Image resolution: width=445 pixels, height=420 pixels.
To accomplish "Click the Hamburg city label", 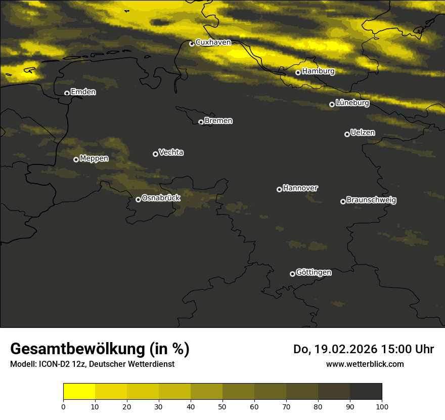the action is pyautogui.click(x=318, y=71).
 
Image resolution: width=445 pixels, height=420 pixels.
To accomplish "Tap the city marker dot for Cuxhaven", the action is pyautogui.click(x=192, y=44).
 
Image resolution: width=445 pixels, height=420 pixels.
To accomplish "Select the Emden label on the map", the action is pyautogui.click(x=83, y=92).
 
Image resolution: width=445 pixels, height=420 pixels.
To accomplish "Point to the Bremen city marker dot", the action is pyautogui.click(x=201, y=122).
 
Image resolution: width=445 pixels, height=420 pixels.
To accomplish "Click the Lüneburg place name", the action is pyautogui.click(x=352, y=103).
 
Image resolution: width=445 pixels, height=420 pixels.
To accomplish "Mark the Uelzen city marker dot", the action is pyautogui.click(x=347, y=134).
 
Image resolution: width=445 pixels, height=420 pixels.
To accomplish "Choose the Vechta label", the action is pyautogui.click(x=171, y=152).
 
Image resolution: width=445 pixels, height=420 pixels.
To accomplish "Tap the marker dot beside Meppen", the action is pyautogui.click(x=76, y=159).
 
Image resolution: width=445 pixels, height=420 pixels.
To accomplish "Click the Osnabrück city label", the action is pyautogui.click(x=161, y=198).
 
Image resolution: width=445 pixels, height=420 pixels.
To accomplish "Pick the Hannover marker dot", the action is pyautogui.click(x=279, y=189).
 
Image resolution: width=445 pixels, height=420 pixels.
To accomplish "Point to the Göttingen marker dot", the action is pyautogui.click(x=292, y=274).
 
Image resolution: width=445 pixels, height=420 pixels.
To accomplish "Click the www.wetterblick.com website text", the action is pyautogui.click(x=365, y=364).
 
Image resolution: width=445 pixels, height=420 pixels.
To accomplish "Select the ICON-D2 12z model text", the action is pyautogui.click(x=62, y=364).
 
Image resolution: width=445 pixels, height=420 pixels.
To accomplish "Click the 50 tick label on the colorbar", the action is pyautogui.click(x=223, y=406).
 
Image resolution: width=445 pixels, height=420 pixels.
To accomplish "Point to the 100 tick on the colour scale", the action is pyautogui.click(x=382, y=406).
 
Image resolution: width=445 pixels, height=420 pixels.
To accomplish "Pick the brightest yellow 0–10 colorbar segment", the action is pyautogui.click(x=79, y=392).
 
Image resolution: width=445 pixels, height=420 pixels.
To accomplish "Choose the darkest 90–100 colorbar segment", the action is pyautogui.click(x=366, y=392).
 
